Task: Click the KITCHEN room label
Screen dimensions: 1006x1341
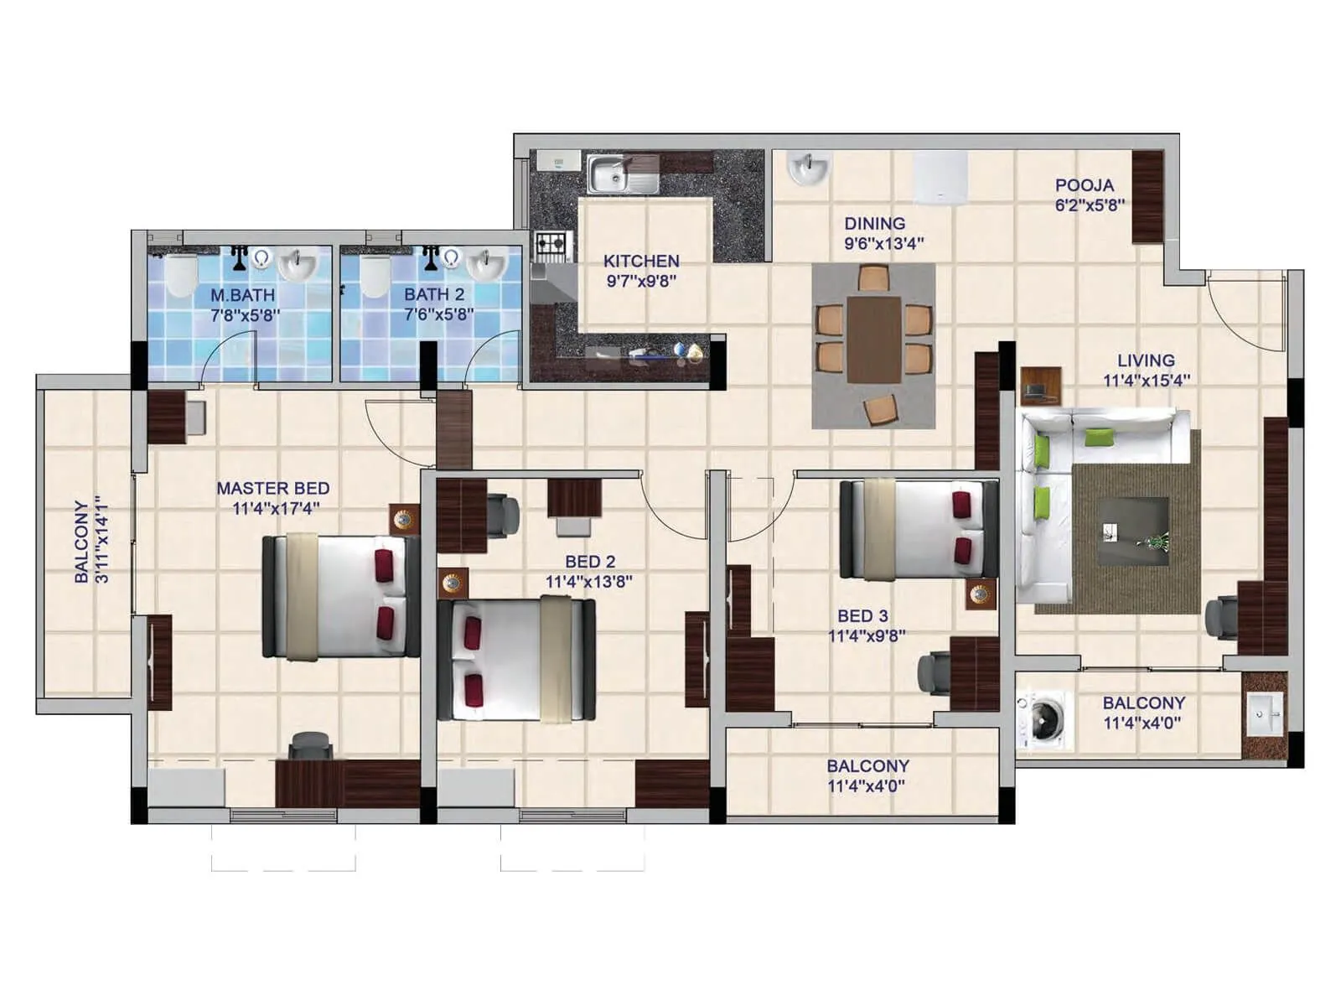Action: pos(641,261)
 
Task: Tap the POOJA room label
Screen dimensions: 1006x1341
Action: pos(1085,185)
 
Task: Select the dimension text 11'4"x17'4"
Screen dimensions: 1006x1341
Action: pos(276,508)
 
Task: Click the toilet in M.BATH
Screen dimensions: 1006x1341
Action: pos(180,275)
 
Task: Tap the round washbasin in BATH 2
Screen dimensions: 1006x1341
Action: pos(486,265)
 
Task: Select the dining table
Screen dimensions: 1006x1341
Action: pos(873,339)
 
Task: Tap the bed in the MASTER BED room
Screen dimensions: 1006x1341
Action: pos(341,596)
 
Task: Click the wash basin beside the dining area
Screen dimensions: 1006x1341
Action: pos(809,169)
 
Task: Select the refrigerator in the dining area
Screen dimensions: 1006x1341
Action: pos(940,178)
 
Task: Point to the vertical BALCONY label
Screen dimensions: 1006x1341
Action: pos(81,542)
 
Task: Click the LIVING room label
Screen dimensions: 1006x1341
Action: pos(1145,360)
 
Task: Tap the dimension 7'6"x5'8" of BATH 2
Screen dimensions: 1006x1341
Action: pos(438,315)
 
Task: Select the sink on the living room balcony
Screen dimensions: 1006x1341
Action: pos(1264,715)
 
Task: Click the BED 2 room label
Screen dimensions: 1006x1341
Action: pos(590,562)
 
